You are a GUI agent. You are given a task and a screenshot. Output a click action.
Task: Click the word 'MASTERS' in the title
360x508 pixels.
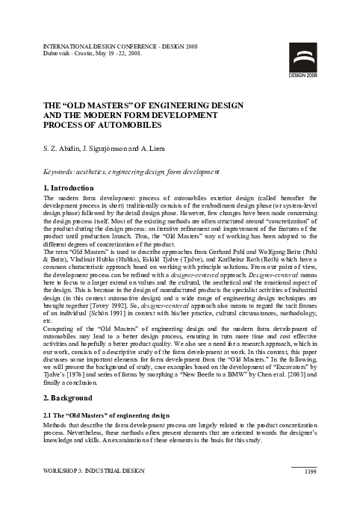[117, 105]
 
